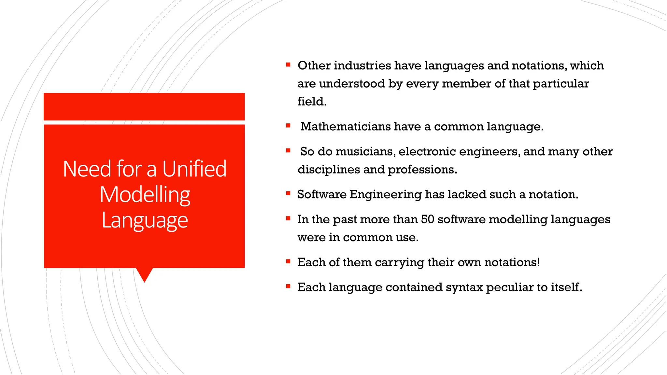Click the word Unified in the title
pos(194,169)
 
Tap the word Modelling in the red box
pos(145,195)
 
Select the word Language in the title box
pos(145,221)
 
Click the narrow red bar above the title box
pos(144,106)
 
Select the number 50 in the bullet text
pos(428,219)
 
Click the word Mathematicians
pos(345,126)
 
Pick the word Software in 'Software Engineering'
pos(322,194)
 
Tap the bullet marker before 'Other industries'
pos(288,65)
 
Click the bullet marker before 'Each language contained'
pos(288,286)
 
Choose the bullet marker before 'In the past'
pos(288,219)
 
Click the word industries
pos(362,65)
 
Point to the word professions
pos(422,170)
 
